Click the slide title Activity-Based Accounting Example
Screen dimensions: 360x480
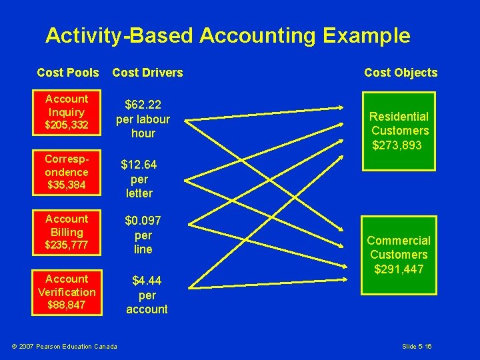tap(227, 35)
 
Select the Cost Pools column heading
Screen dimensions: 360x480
tap(67, 73)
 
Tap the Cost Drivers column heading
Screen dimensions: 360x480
tap(147, 73)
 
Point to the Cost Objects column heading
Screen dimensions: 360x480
tap(401, 73)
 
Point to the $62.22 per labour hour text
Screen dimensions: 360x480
tap(143, 119)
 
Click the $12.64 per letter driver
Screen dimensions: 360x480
tap(139, 179)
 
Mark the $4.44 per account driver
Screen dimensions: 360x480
tap(147, 295)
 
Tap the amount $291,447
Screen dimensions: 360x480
tap(399, 269)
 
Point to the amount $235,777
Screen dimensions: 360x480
tap(66, 246)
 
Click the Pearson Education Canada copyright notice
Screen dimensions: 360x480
tap(65, 345)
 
